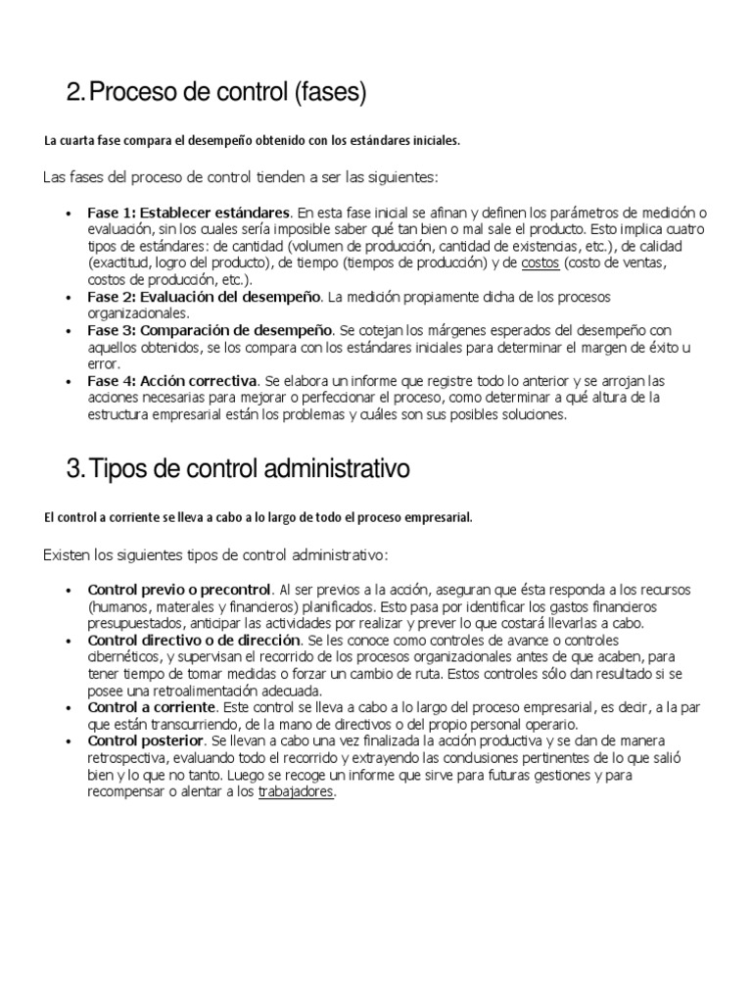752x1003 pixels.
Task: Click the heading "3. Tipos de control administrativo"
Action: pyautogui.click(x=238, y=469)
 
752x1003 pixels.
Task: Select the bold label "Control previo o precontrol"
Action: pyautogui.click(x=179, y=589)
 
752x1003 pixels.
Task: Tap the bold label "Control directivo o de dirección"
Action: pyautogui.click(x=194, y=639)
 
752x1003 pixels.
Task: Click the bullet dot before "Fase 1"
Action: pyautogui.click(x=68, y=213)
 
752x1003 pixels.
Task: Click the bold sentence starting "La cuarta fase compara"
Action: pyautogui.click(x=252, y=141)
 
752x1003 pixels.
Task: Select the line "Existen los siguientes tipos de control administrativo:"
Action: pyautogui.click(x=216, y=555)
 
